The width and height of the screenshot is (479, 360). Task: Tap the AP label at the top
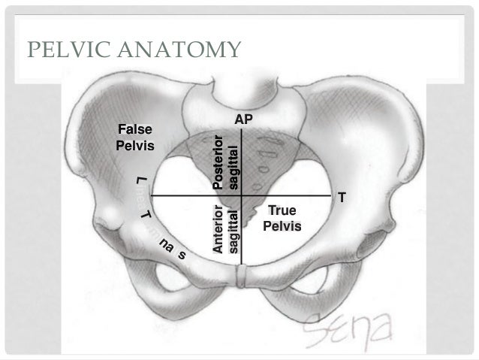pyautogui.click(x=243, y=119)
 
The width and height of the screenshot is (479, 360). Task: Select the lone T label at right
pyautogui.click(x=342, y=198)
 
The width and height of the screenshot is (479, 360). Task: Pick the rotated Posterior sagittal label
pyautogui.click(x=225, y=162)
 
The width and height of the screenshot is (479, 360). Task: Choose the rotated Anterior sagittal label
pyautogui.click(x=225, y=229)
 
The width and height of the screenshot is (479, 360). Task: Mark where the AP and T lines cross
pyautogui.click(x=242, y=195)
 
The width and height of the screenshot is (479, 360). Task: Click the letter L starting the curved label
pyautogui.click(x=140, y=180)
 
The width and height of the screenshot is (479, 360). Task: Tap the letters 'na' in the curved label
pyautogui.click(x=164, y=247)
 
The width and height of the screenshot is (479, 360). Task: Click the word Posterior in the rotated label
pyautogui.click(x=218, y=162)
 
